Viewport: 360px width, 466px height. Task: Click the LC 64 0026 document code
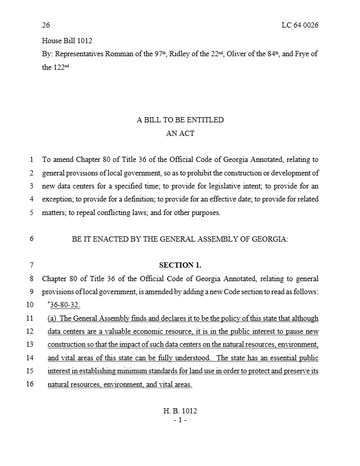(296, 26)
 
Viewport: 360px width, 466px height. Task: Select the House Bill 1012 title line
(67, 40)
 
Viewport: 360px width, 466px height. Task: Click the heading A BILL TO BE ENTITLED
(180, 120)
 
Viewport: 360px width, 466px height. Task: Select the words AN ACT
(180, 133)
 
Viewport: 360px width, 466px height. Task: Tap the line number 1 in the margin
(32, 160)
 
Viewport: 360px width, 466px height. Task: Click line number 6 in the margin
(32, 239)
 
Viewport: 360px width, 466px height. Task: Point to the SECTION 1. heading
(180, 265)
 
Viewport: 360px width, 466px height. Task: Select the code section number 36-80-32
(65, 305)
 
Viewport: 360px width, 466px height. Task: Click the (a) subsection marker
(53, 318)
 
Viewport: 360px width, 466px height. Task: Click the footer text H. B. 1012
(180, 411)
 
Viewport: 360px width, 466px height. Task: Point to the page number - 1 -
(180, 420)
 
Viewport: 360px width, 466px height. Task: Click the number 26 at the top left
(46, 26)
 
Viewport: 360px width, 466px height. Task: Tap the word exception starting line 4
(58, 199)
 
